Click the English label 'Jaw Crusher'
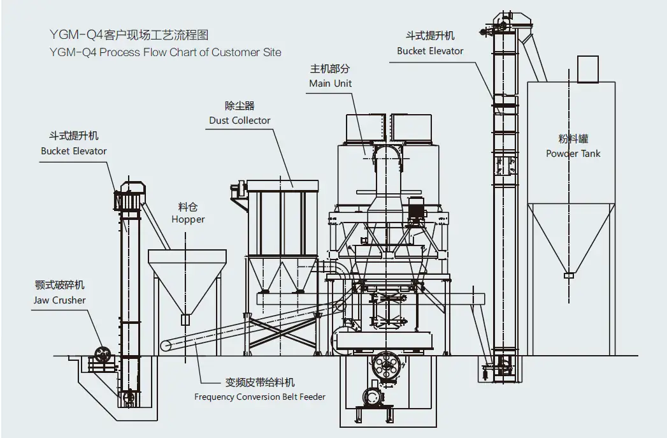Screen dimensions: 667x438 (x=59, y=300)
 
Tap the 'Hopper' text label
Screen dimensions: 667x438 (x=188, y=219)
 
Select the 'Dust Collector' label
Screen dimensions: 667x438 (x=240, y=120)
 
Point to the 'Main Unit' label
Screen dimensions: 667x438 (x=331, y=84)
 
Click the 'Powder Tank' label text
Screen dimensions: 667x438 (x=573, y=153)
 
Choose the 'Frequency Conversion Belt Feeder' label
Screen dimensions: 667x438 (x=260, y=397)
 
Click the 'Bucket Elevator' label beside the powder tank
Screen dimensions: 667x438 (x=430, y=51)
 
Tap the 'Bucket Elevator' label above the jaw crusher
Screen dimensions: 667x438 (x=74, y=151)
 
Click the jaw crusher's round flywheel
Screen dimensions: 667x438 (x=102, y=354)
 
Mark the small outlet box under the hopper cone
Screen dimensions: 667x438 (x=185, y=319)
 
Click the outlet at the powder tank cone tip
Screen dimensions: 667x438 (x=569, y=275)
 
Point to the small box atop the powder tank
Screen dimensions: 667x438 (x=588, y=69)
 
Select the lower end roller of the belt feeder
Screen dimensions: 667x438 (x=166, y=345)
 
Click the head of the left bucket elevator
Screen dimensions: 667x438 (x=130, y=196)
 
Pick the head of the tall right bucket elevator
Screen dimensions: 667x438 (x=507, y=24)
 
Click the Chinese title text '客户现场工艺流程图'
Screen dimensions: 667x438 (x=155, y=34)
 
